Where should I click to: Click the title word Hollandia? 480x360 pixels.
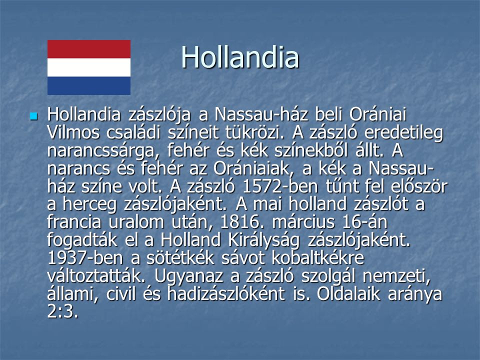pyautogui.click(x=240, y=57)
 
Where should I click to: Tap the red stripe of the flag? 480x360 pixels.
pyautogui.click(x=89, y=49)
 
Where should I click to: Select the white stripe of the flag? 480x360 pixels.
pyautogui.click(x=89, y=67)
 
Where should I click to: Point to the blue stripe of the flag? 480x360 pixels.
pyautogui.click(x=89, y=85)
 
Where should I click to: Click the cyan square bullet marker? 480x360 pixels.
pyautogui.click(x=33, y=116)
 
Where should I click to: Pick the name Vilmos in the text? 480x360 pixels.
pyautogui.click(x=73, y=132)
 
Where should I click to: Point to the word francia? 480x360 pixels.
pyautogui.click(x=74, y=222)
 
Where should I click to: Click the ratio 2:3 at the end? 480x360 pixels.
pyautogui.click(x=63, y=311)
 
